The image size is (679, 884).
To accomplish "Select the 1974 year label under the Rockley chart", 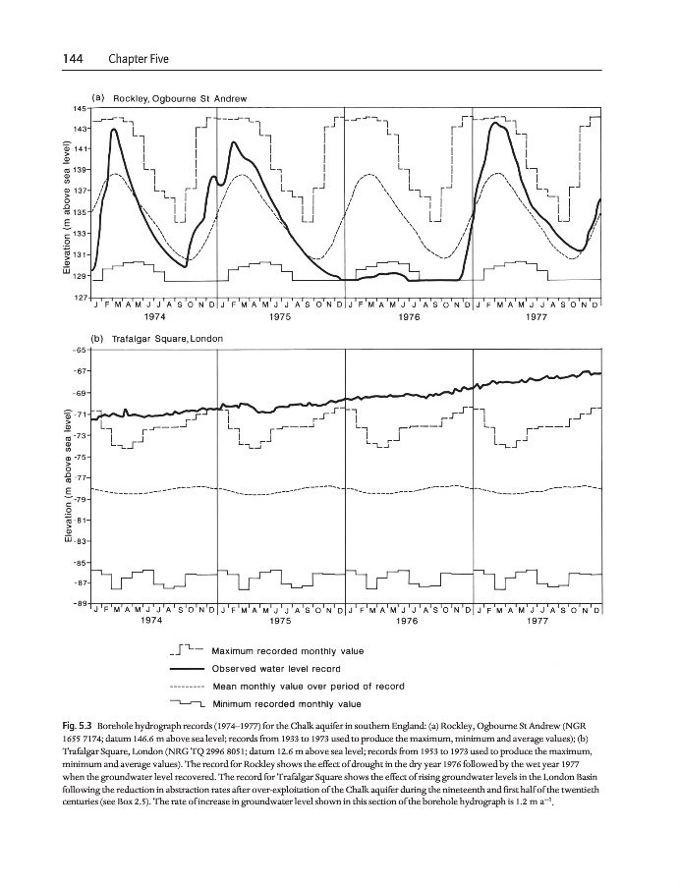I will pyautogui.click(x=152, y=317).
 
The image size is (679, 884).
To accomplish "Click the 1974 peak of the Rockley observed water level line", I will pyautogui.click(x=115, y=129).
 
